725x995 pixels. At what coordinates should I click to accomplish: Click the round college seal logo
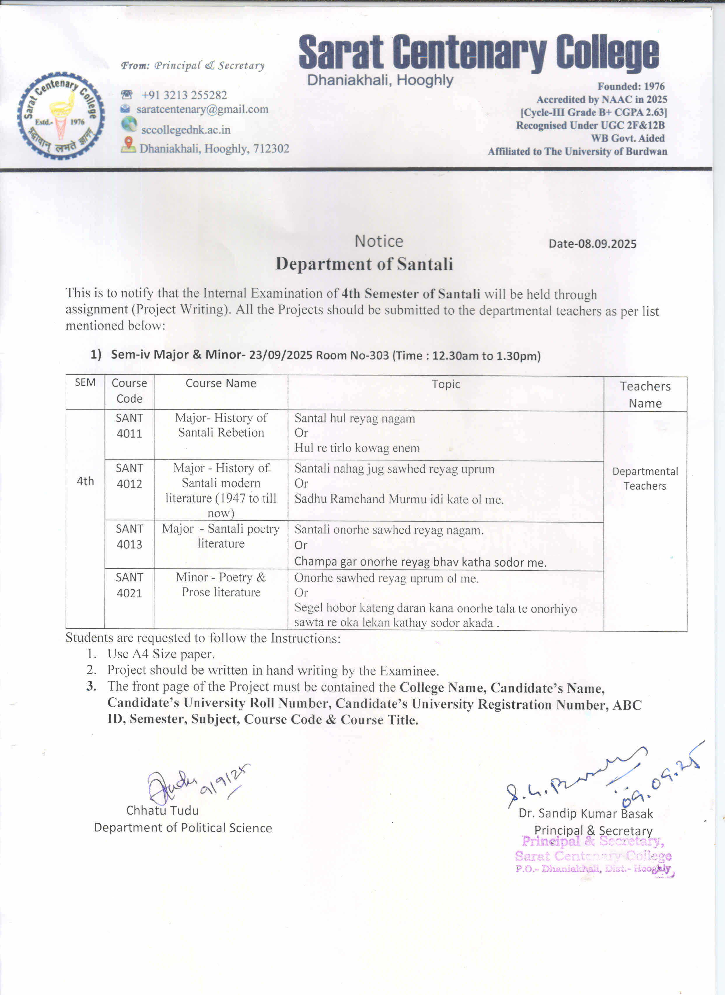(61, 115)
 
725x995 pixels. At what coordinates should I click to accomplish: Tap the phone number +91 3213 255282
(184, 95)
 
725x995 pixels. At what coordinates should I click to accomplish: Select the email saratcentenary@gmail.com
(202, 109)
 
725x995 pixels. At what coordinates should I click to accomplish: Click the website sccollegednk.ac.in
(186, 130)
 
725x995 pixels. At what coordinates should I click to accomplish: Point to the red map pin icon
(128, 144)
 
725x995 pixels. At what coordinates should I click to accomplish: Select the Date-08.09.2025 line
(592, 244)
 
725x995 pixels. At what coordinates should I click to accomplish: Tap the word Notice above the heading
(378, 241)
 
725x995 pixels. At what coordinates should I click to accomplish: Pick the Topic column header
(446, 384)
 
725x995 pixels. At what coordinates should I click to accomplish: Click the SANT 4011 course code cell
(129, 426)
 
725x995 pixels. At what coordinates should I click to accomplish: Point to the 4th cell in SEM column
(85, 481)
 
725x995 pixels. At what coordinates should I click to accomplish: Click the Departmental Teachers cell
(645, 479)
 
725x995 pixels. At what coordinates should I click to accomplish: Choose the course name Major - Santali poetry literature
(221, 536)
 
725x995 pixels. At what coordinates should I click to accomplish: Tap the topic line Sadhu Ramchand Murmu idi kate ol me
(399, 499)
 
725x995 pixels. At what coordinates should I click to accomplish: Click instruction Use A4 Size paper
(161, 654)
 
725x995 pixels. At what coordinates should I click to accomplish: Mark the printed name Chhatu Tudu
(162, 811)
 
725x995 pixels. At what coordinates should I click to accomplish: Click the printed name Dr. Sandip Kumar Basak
(585, 814)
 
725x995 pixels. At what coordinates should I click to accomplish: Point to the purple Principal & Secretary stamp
(593, 855)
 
